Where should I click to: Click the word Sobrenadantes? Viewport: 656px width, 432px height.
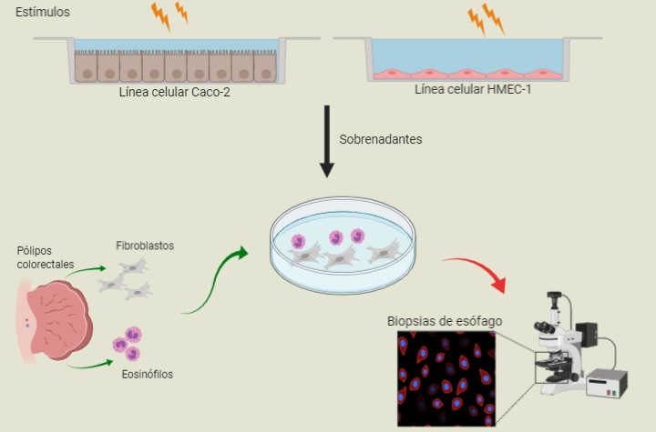381,140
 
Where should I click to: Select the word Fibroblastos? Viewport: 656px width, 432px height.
145,246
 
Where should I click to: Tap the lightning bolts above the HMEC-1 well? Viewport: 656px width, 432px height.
486,18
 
